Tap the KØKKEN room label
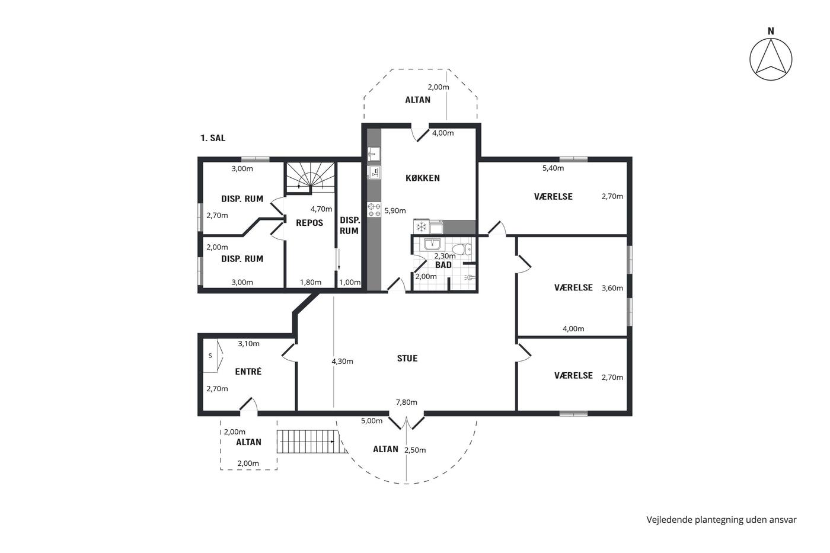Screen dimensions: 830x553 pos(422,178)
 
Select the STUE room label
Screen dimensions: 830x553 pos(407,358)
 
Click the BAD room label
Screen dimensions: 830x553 pos(443,265)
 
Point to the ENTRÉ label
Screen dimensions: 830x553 pos(248,371)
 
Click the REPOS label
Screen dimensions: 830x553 pos(309,223)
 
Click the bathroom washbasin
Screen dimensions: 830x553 pos(432,244)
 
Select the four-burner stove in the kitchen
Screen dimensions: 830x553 pos(374,210)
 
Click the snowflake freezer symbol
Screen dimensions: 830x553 pos(421,226)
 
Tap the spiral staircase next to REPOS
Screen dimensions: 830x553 pos(310,178)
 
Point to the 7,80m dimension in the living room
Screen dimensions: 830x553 pos(407,402)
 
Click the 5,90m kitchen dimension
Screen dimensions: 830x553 pos(395,211)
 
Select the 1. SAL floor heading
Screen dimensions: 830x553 pos(213,138)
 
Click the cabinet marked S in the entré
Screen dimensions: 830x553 pos(213,356)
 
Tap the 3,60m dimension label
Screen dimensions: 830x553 pos(612,288)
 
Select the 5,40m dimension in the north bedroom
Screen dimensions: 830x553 pos(553,168)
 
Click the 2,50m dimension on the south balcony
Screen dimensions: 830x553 pos(415,450)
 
